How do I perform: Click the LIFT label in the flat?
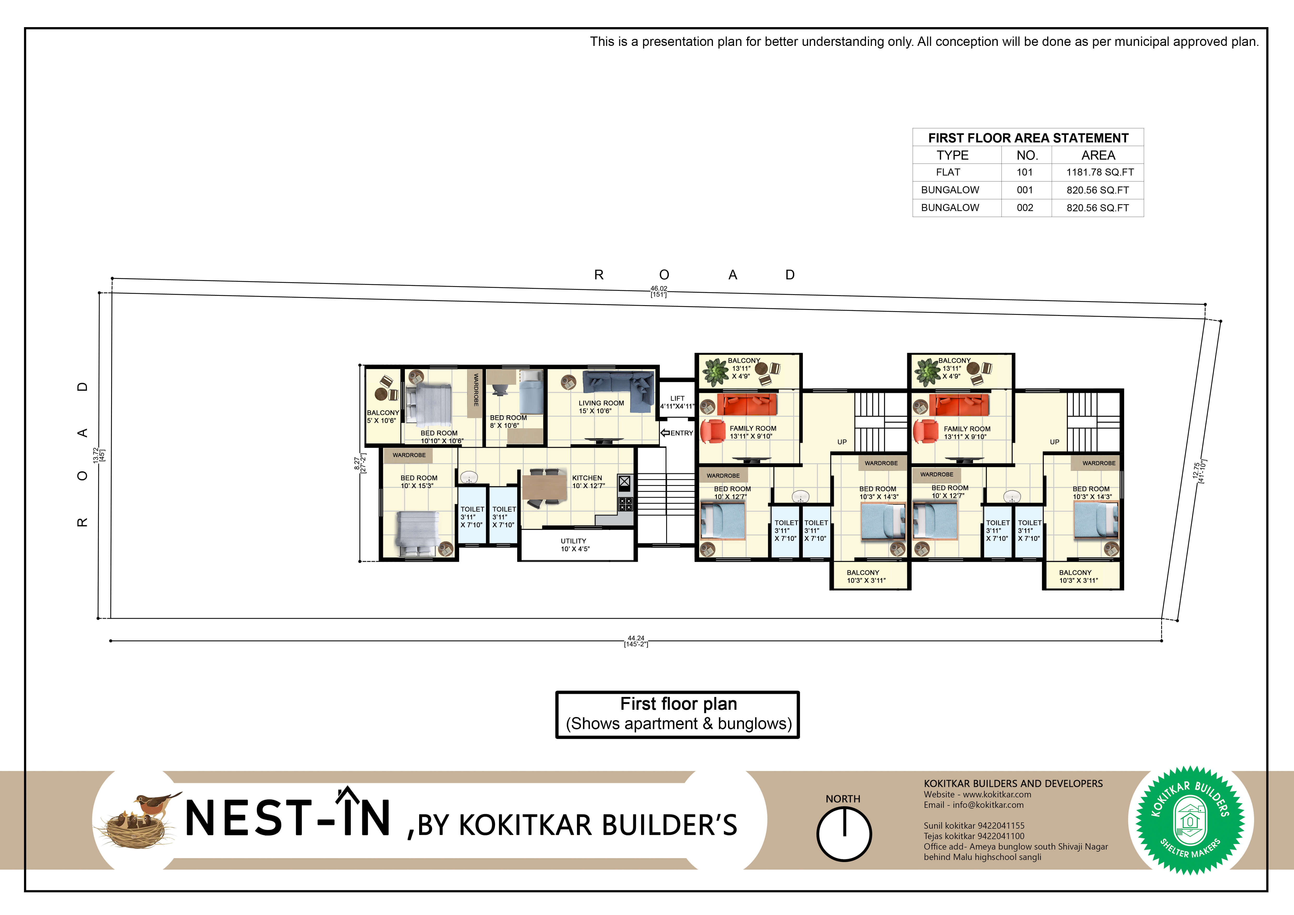pyautogui.click(x=677, y=398)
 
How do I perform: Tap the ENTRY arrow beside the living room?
pyautogui.click(x=665, y=433)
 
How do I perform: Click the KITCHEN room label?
pyautogui.click(x=587, y=478)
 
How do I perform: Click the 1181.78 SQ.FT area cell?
pyautogui.click(x=1100, y=172)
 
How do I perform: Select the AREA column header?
pyautogui.click(x=1098, y=155)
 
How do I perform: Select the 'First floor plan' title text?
pyautogui.click(x=679, y=704)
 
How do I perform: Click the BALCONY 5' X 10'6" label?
pyautogui.click(x=383, y=416)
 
